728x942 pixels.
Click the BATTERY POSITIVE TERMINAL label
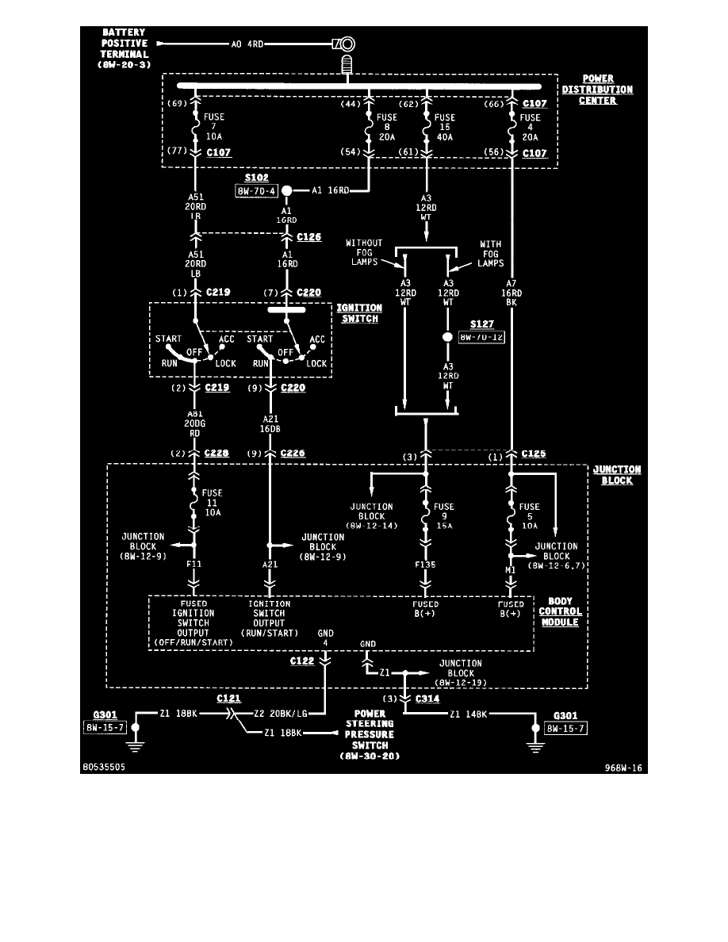[122, 48]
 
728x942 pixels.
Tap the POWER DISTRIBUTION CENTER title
[597, 90]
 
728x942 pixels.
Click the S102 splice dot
[286, 190]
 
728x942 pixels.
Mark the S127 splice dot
[446, 336]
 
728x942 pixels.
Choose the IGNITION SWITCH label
[360, 313]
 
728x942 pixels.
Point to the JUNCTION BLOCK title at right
[617, 475]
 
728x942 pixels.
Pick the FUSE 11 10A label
[213, 503]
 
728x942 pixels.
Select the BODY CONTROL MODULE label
[560, 612]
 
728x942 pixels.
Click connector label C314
[427, 699]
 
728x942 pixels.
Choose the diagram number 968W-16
[624, 768]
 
